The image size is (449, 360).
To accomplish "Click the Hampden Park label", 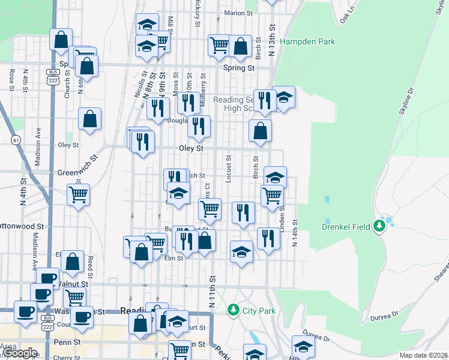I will (307, 42).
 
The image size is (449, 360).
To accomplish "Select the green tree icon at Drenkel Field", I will (379, 226).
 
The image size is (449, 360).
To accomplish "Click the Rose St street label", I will (12, 79).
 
